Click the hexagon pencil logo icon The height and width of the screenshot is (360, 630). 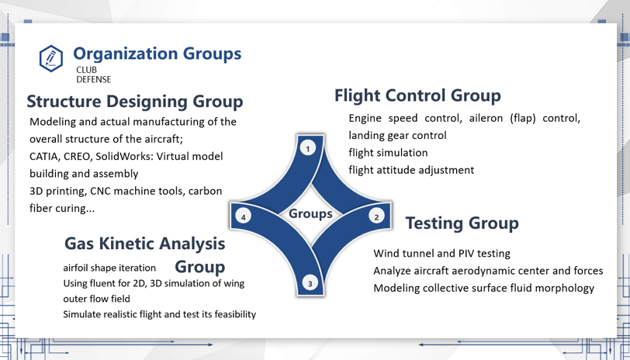[51, 59]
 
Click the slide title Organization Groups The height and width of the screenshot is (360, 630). [157, 54]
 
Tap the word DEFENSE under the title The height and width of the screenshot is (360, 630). [94, 80]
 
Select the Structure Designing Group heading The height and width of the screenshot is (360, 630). [134, 101]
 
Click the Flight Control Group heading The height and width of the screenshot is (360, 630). [417, 95]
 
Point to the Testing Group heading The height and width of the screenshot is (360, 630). [462, 223]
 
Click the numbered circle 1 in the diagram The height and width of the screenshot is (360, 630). [308, 149]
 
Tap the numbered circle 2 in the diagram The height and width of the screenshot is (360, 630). [376, 217]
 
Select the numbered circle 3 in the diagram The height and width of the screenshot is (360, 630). [310, 284]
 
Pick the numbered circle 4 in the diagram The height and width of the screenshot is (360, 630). [243, 217]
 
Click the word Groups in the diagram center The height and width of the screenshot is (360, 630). [310, 214]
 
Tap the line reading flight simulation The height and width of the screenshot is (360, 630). [388, 153]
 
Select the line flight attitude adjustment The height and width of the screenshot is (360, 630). [411, 170]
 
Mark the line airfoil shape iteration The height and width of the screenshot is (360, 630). [109, 268]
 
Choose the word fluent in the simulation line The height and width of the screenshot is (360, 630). [106, 283]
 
